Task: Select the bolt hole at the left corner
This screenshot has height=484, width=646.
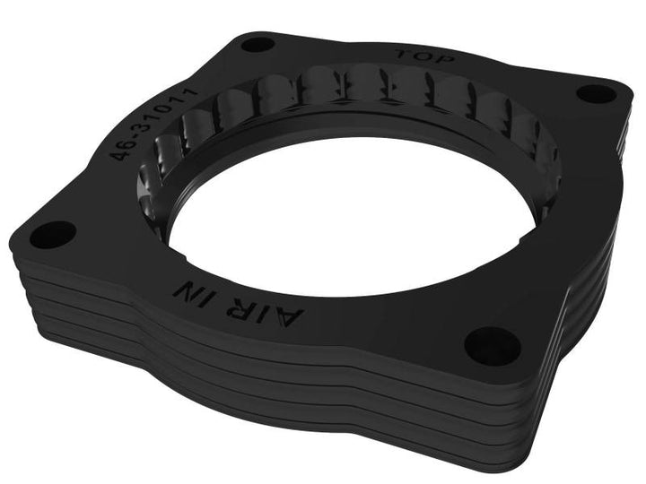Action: click(x=44, y=235)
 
